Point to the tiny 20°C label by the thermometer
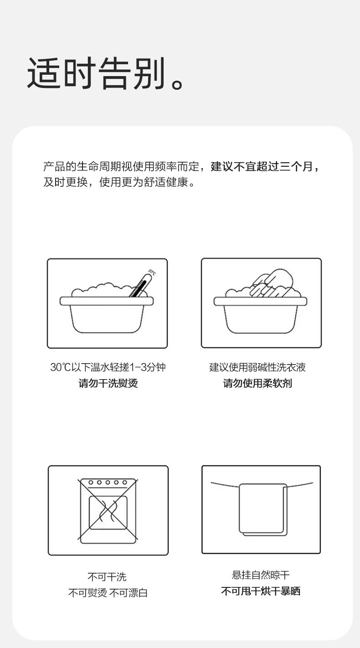(x=152, y=272)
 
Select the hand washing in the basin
(x=272, y=283)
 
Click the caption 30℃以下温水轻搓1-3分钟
(x=108, y=367)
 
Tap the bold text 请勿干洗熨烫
(x=108, y=383)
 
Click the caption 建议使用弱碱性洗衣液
(x=257, y=367)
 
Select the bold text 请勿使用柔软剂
(x=257, y=383)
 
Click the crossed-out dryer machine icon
(x=108, y=511)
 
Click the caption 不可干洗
(x=107, y=577)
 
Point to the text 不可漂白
(x=129, y=593)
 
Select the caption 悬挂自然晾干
(x=261, y=575)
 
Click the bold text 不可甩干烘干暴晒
(x=261, y=591)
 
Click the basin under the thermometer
(x=107, y=315)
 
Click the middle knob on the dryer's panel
(x=108, y=482)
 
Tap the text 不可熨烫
(x=87, y=593)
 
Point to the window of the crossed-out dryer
(x=108, y=513)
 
